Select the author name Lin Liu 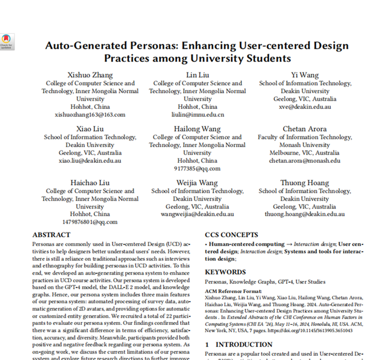point(197,75)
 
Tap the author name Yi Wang point(305,75)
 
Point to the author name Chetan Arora point(305,129)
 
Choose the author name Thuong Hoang point(305,183)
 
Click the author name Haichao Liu point(90,183)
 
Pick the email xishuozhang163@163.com point(90,114)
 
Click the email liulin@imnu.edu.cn point(197,114)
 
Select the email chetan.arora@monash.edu point(305,161)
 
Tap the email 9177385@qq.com point(197,168)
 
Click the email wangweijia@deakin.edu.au point(197,214)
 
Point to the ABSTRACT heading point(51,235)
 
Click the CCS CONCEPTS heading point(232,235)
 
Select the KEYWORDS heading point(225,272)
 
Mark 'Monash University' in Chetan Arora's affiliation point(305,145)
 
